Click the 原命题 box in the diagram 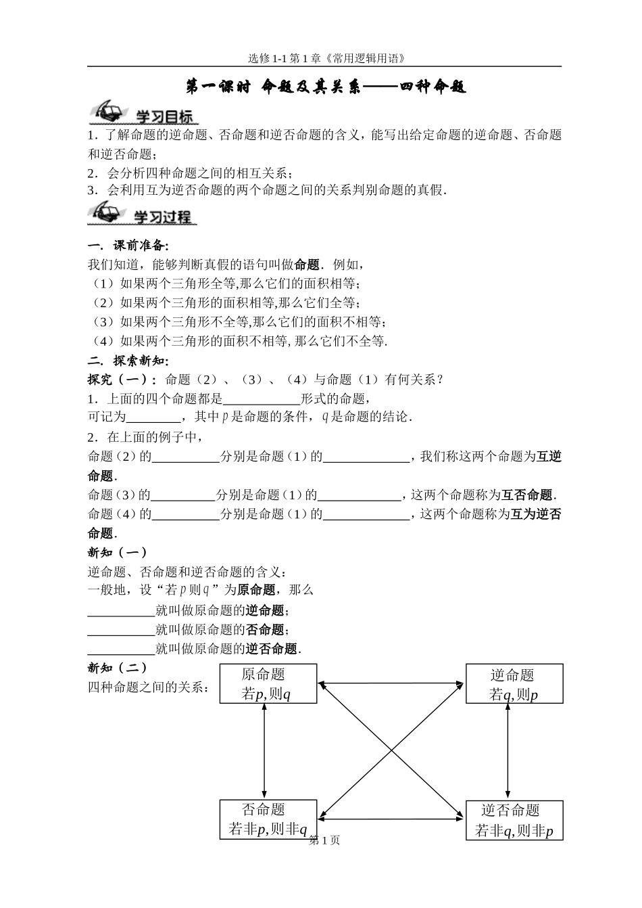[268, 683]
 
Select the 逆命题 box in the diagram [514, 684]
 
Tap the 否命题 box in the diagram [268, 819]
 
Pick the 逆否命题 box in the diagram [514, 820]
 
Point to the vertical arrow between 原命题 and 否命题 [264, 751]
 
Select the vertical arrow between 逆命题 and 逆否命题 [508, 751]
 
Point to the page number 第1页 [324, 840]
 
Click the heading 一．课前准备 [128, 245]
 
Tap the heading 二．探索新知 [128, 360]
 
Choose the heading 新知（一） [118, 552]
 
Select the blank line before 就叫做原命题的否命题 [122, 630]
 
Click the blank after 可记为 [153, 417]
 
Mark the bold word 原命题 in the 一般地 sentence [255, 590]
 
